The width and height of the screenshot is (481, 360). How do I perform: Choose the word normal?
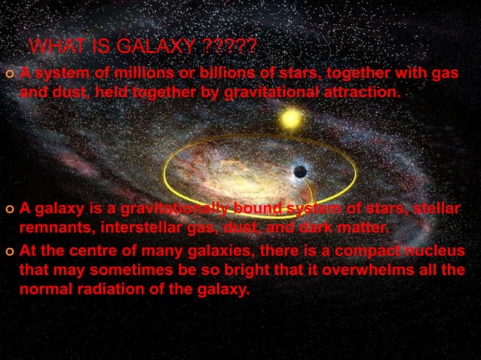(x=47, y=288)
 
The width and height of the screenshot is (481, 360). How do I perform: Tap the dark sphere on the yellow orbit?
(x=300, y=172)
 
